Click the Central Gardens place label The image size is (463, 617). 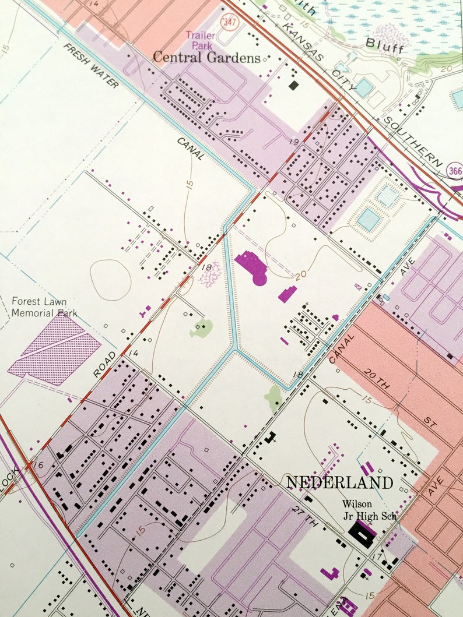point(206,57)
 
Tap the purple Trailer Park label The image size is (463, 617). point(200,40)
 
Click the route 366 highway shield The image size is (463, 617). point(455,170)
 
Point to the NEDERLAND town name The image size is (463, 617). point(339,482)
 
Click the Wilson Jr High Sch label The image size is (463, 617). point(357,509)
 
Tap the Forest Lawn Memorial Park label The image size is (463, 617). point(44,307)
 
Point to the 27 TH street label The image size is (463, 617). point(303,518)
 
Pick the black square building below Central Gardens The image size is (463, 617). point(294,84)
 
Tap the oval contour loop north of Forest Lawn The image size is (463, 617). point(110,280)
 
